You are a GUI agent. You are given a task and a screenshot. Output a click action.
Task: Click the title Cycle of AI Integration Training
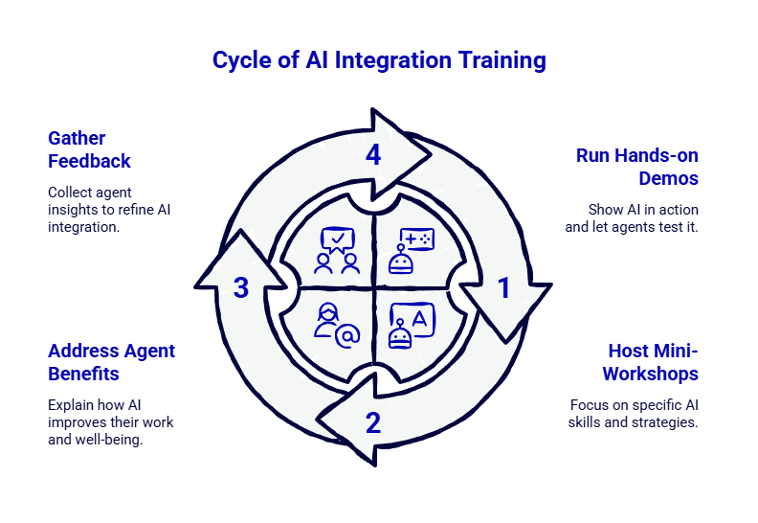pos(379,60)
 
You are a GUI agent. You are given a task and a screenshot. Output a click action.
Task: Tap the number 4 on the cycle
pos(374,155)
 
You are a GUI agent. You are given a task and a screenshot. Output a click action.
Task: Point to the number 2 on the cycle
pos(373,421)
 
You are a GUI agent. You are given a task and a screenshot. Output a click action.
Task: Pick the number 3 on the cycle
pos(241,287)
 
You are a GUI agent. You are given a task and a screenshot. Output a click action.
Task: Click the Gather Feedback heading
pos(89,149)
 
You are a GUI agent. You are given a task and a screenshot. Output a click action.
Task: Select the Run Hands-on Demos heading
pos(636,167)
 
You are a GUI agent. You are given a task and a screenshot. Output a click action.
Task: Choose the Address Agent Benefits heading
pos(111,361)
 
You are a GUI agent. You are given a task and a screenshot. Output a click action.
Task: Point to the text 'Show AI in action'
pos(643,209)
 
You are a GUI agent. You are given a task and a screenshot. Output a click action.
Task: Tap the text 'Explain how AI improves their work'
pos(109,412)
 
